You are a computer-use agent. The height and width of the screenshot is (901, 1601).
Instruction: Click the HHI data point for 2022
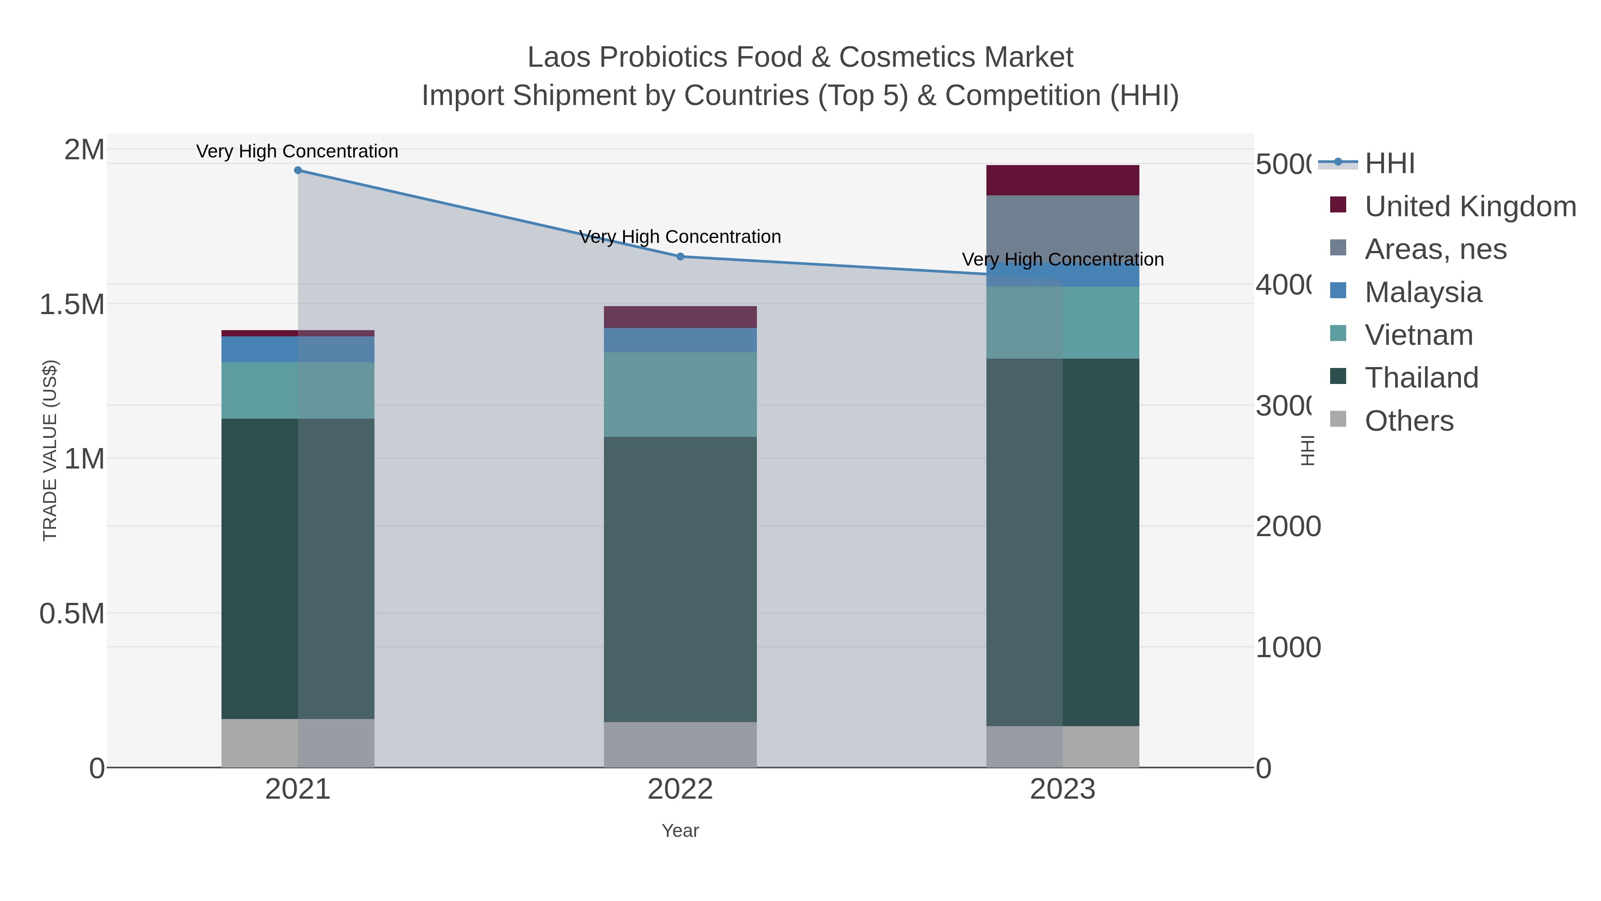680,256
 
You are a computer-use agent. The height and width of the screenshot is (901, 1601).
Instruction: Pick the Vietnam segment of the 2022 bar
680,394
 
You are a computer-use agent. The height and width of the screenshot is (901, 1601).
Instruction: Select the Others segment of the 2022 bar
680,744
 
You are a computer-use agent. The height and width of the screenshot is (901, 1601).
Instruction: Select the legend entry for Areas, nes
1435,249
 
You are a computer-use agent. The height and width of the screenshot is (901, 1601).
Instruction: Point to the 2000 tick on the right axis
1288,527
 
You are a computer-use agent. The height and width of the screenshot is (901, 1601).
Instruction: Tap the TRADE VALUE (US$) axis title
50,450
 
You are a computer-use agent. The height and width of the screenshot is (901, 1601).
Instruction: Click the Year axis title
680,831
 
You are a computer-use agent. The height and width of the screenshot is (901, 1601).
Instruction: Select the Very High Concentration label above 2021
297,151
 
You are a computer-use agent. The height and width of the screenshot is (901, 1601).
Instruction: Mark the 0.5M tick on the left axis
72,614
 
